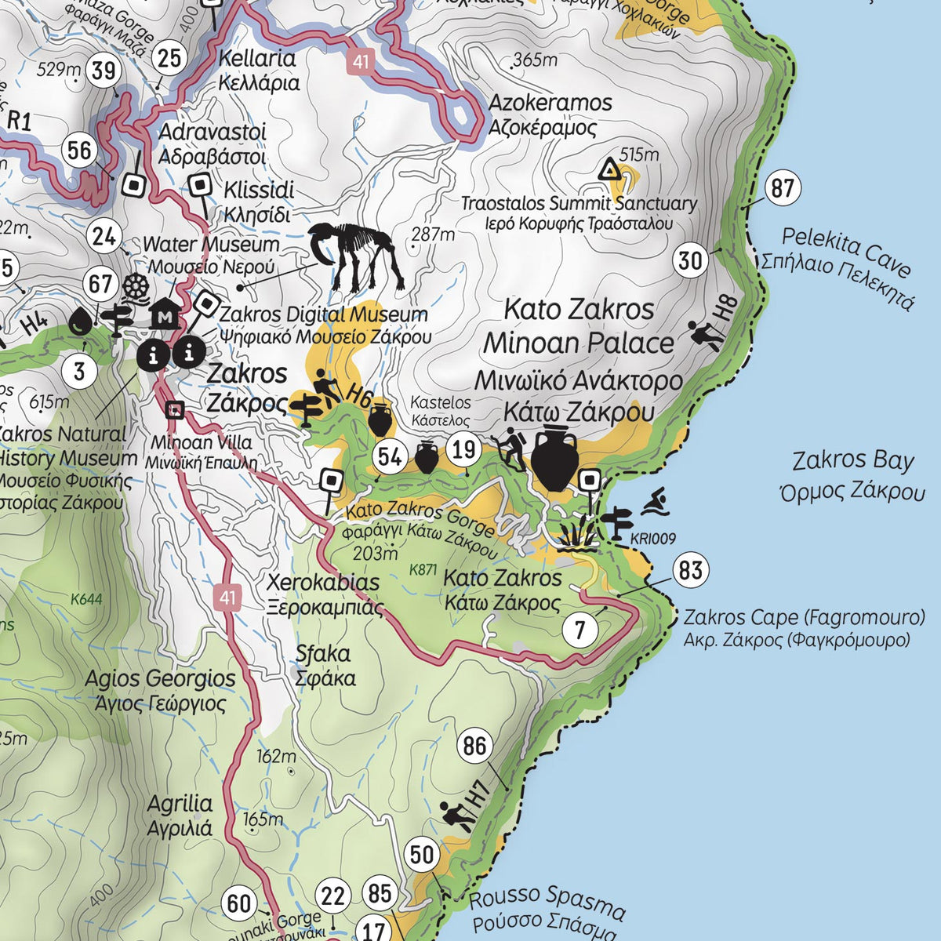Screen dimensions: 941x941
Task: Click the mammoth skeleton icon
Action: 357,256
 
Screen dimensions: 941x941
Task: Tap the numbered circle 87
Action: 782,189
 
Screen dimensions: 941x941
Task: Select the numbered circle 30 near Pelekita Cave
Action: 691,260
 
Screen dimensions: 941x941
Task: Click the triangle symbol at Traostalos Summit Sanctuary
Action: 609,169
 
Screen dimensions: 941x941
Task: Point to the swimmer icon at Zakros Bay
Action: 656,502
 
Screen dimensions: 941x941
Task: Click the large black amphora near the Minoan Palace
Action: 555,459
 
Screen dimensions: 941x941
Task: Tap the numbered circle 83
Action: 690,570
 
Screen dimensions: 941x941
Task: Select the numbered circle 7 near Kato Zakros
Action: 580,630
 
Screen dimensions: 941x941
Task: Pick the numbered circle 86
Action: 474,746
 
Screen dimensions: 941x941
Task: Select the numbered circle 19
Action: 465,449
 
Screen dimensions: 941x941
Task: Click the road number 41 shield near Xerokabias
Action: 227,598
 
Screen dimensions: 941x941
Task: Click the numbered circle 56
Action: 80,150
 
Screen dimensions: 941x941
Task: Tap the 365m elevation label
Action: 535,60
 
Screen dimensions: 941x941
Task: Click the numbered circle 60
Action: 238,903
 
